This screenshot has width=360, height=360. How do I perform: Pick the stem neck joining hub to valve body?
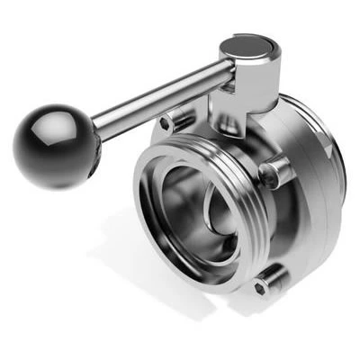click(229, 112)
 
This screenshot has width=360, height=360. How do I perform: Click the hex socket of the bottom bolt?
click(260, 287)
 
